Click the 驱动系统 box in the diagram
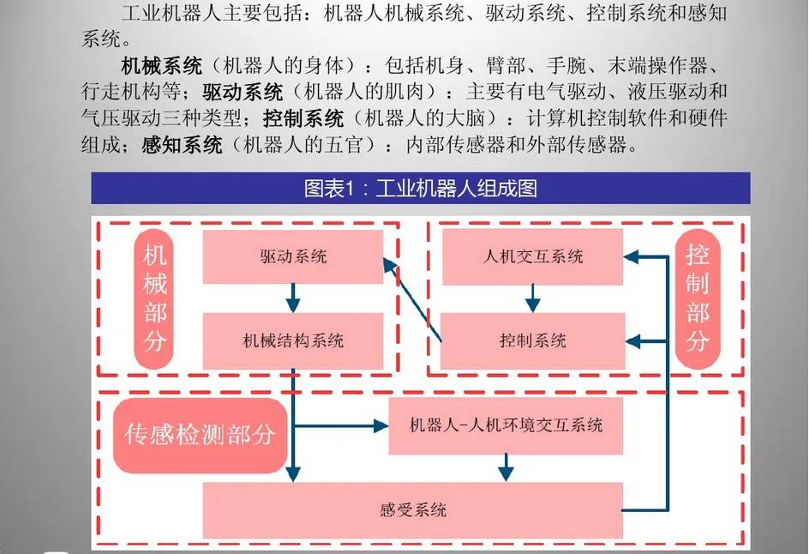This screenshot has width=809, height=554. pos(292,256)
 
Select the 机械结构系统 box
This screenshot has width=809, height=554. pos(292,340)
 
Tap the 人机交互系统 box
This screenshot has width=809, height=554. pos(532,256)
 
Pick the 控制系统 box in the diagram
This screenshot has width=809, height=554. pos(532,340)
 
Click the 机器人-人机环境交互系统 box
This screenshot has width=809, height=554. pos(506,425)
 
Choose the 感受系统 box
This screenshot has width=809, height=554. pos(412,510)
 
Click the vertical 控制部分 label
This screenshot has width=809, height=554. pos(698,299)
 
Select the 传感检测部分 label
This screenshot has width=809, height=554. pos(200,435)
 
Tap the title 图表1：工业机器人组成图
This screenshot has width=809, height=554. pos(420,188)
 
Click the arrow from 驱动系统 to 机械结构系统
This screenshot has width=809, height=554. pos(293,298)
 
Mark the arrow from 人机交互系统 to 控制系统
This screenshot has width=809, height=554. pos(532,298)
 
